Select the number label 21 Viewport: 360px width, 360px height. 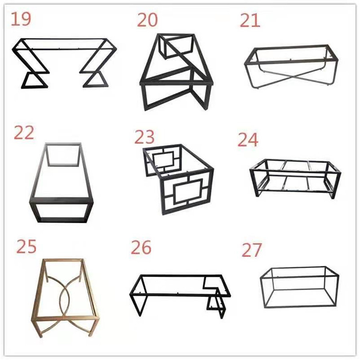click(x=250, y=20)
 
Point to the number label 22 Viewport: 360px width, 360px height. click(x=24, y=132)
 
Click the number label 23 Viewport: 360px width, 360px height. click(x=145, y=137)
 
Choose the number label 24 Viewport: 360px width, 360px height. click(x=248, y=140)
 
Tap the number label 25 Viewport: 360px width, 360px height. click(x=26, y=247)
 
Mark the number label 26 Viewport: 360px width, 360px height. click(x=141, y=248)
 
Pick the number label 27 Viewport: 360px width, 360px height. click(x=252, y=250)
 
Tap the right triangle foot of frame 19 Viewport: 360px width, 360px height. click(x=92, y=79)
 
